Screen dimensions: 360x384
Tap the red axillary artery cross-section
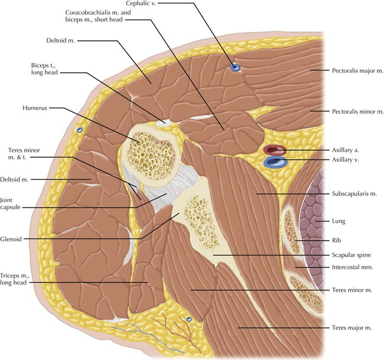pos(274,150)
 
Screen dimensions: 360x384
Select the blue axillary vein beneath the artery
pos(275,161)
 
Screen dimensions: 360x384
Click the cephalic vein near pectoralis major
pos(236,68)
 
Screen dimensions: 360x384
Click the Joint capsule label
pos(11,203)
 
